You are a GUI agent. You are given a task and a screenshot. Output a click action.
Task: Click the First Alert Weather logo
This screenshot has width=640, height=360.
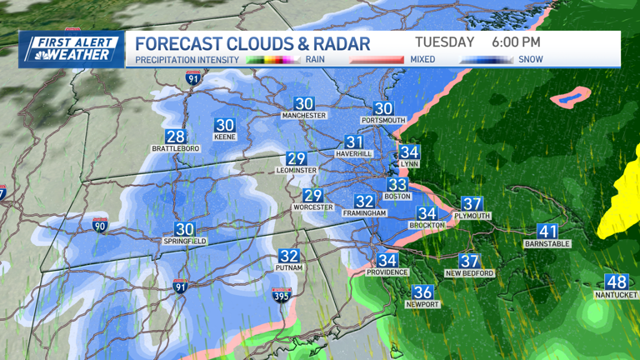tap(72, 48)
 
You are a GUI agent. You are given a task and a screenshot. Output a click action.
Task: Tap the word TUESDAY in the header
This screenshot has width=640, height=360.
tap(444, 42)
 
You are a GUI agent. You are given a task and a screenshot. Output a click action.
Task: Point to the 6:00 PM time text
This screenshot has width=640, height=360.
tap(516, 42)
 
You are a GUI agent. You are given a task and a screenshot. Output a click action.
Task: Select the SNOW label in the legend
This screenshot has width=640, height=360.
tap(530, 59)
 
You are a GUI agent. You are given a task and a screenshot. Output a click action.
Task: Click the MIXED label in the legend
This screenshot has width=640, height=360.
tap(422, 59)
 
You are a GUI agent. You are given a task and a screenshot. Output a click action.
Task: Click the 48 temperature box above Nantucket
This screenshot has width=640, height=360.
tap(616, 282)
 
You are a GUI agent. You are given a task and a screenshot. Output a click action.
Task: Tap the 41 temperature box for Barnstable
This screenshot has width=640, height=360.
tap(547, 232)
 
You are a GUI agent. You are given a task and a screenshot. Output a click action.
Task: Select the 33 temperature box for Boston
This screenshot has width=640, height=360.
tap(397, 185)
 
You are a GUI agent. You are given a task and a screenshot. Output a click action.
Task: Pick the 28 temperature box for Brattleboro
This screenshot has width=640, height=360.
tap(175, 137)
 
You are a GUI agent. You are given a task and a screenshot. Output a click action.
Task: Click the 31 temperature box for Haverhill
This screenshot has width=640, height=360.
tap(354, 142)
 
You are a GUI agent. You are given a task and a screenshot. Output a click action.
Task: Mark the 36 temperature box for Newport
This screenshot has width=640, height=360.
tap(422, 292)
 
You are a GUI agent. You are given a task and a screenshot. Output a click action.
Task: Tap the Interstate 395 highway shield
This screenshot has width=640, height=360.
tap(282, 296)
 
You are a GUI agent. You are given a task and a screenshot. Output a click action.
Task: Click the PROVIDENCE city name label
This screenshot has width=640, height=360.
tap(387, 272)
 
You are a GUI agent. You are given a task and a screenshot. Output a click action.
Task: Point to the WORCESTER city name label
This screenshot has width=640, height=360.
tap(312, 207)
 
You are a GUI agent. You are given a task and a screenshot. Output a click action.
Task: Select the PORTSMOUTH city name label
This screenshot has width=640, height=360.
tap(382, 121)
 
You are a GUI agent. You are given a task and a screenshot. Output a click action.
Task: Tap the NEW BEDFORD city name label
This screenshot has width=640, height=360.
tap(469, 273)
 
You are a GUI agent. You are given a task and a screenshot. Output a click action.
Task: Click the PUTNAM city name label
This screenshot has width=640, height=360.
tap(288, 268)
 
